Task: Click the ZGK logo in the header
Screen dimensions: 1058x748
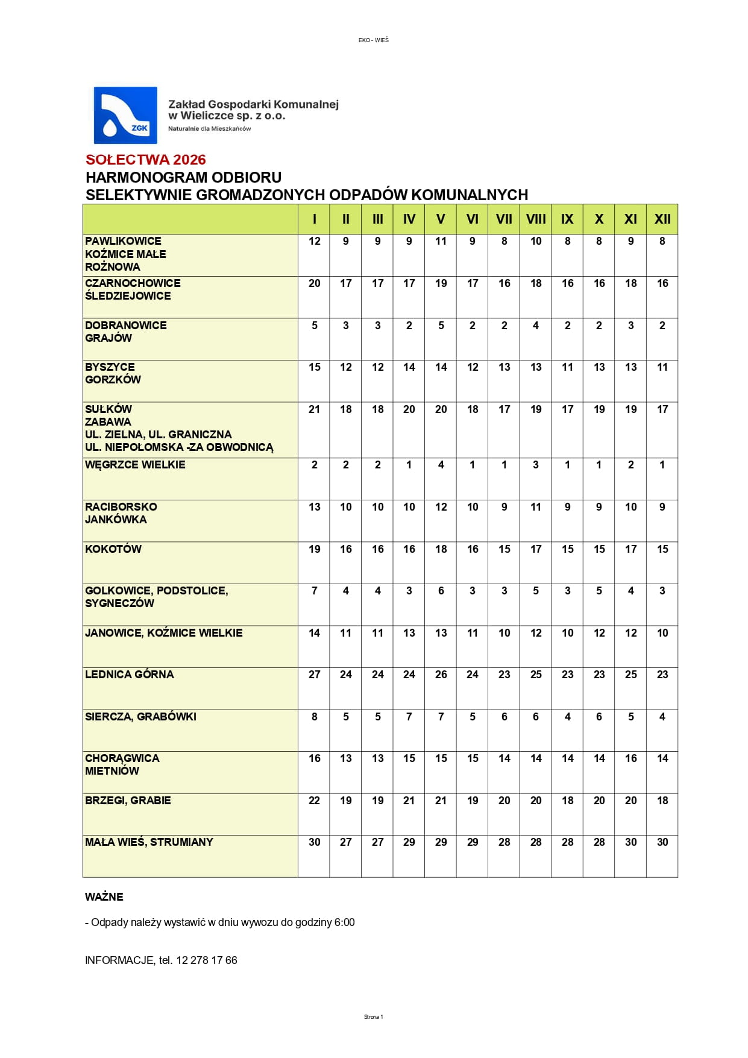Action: pos(125,115)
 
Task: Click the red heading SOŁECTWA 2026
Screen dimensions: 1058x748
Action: pos(146,160)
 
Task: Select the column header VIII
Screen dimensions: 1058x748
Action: pos(536,219)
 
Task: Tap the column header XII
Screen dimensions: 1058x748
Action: pos(662,219)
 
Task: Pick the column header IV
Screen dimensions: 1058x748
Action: pos(409,219)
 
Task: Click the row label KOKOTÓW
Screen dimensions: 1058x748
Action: pos(113,549)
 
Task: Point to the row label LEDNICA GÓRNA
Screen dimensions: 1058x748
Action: pos(130,675)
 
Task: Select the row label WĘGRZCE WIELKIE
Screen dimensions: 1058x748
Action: pos(135,465)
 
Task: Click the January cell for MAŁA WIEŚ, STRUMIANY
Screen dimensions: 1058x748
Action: pos(315,842)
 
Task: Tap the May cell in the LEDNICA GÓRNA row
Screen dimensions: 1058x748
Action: pos(441,675)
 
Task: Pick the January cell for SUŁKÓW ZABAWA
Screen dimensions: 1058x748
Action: pos(315,409)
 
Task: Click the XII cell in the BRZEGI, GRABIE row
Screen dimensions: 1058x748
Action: pos(662,801)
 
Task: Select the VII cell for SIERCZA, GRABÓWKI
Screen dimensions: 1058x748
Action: pos(504,717)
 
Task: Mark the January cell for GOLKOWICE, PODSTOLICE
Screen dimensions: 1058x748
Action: pos(315,591)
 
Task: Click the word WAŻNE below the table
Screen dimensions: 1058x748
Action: pos(104,897)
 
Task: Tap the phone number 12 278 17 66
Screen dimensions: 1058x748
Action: pos(207,960)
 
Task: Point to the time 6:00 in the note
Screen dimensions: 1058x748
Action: pos(344,922)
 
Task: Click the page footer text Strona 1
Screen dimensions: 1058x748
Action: pos(373,1017)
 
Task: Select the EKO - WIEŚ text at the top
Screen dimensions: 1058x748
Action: pos(374,40)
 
